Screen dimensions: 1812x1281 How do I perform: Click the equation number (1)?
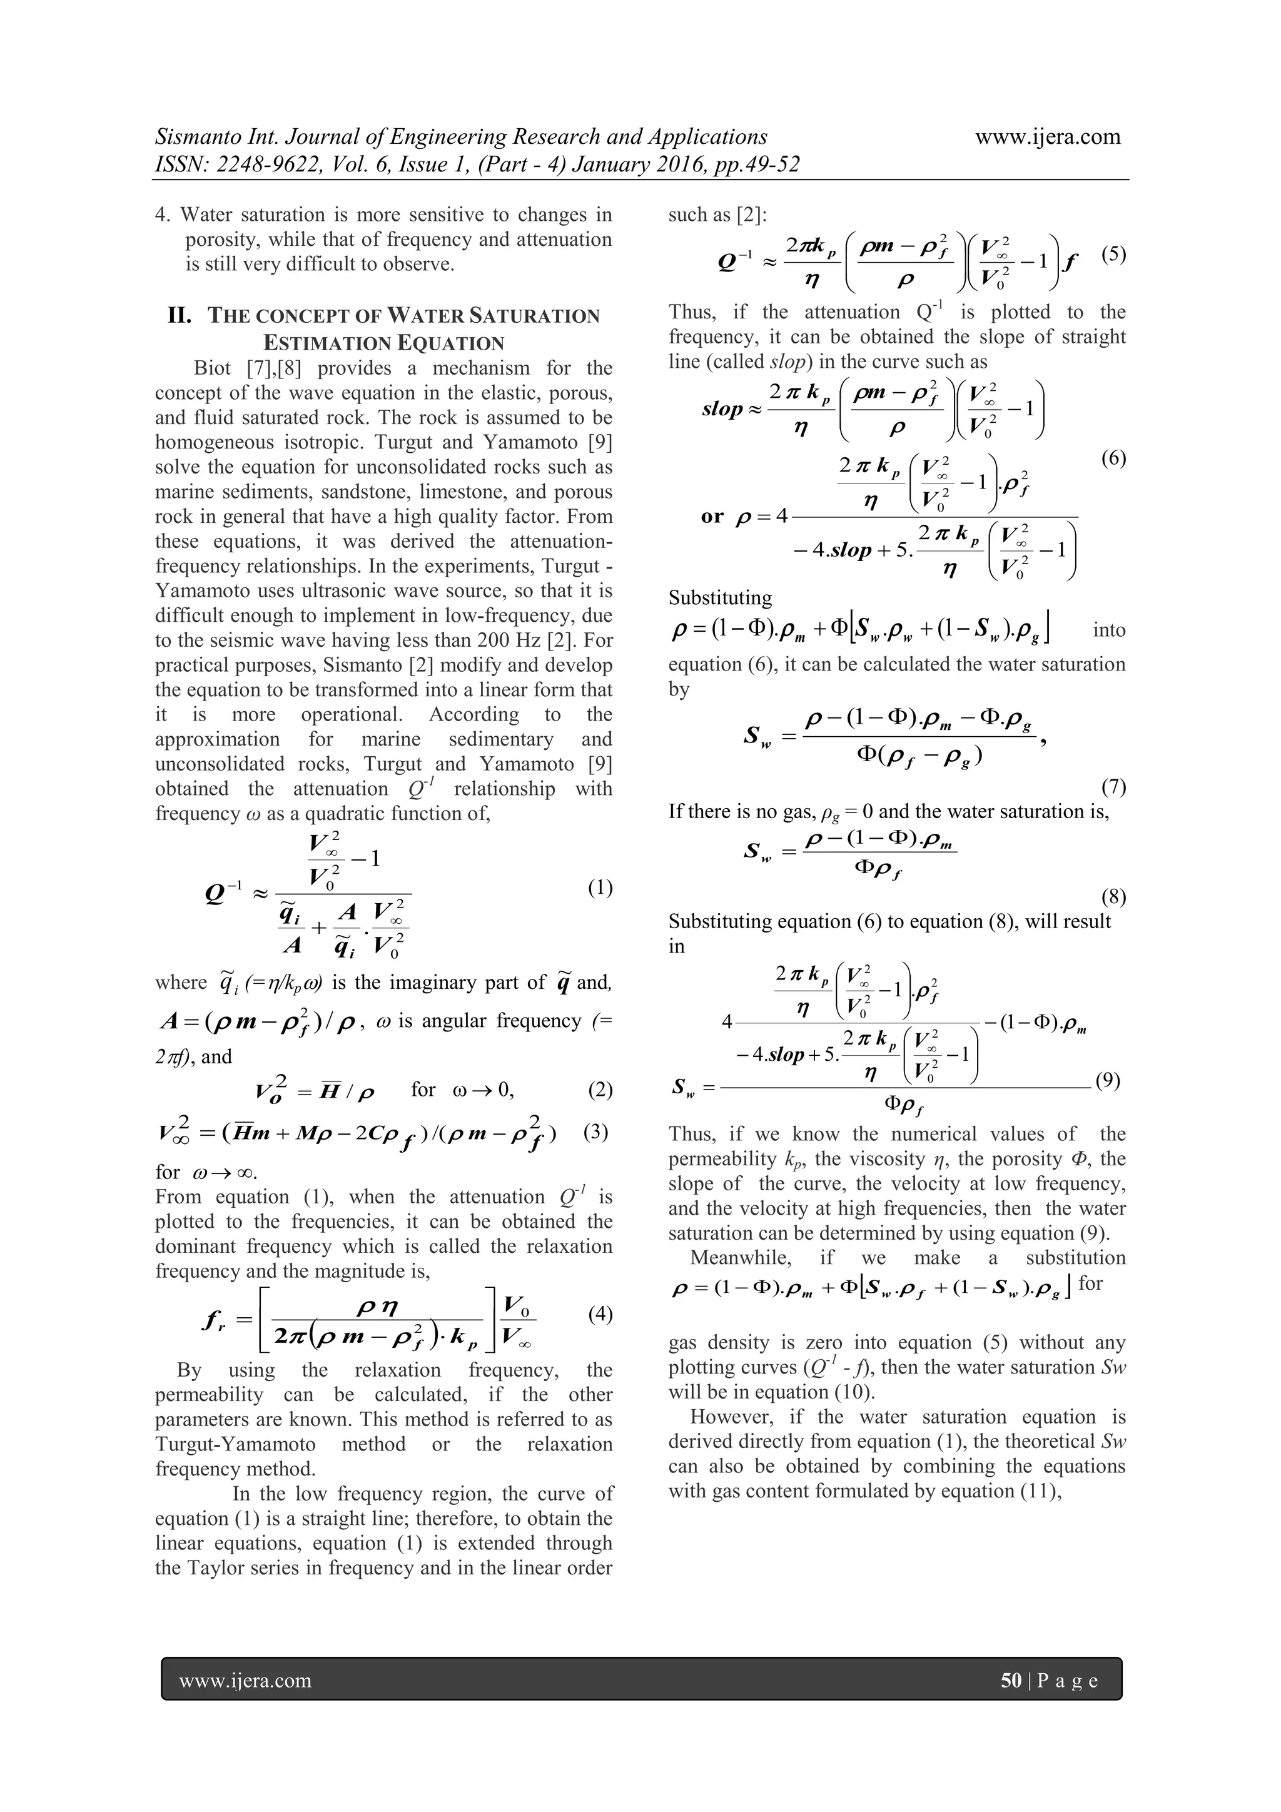(600, 888)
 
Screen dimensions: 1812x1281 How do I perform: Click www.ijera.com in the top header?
(1047, 136)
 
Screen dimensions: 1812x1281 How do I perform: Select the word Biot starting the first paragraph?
(212, 368)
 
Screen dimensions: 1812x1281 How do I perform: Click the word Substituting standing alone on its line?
(720, 598)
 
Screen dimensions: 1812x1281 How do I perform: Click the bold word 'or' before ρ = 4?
(712, 516)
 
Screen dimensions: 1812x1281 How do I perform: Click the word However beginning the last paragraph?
(730, 1417)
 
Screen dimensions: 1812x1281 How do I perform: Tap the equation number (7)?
(1113, 787)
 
